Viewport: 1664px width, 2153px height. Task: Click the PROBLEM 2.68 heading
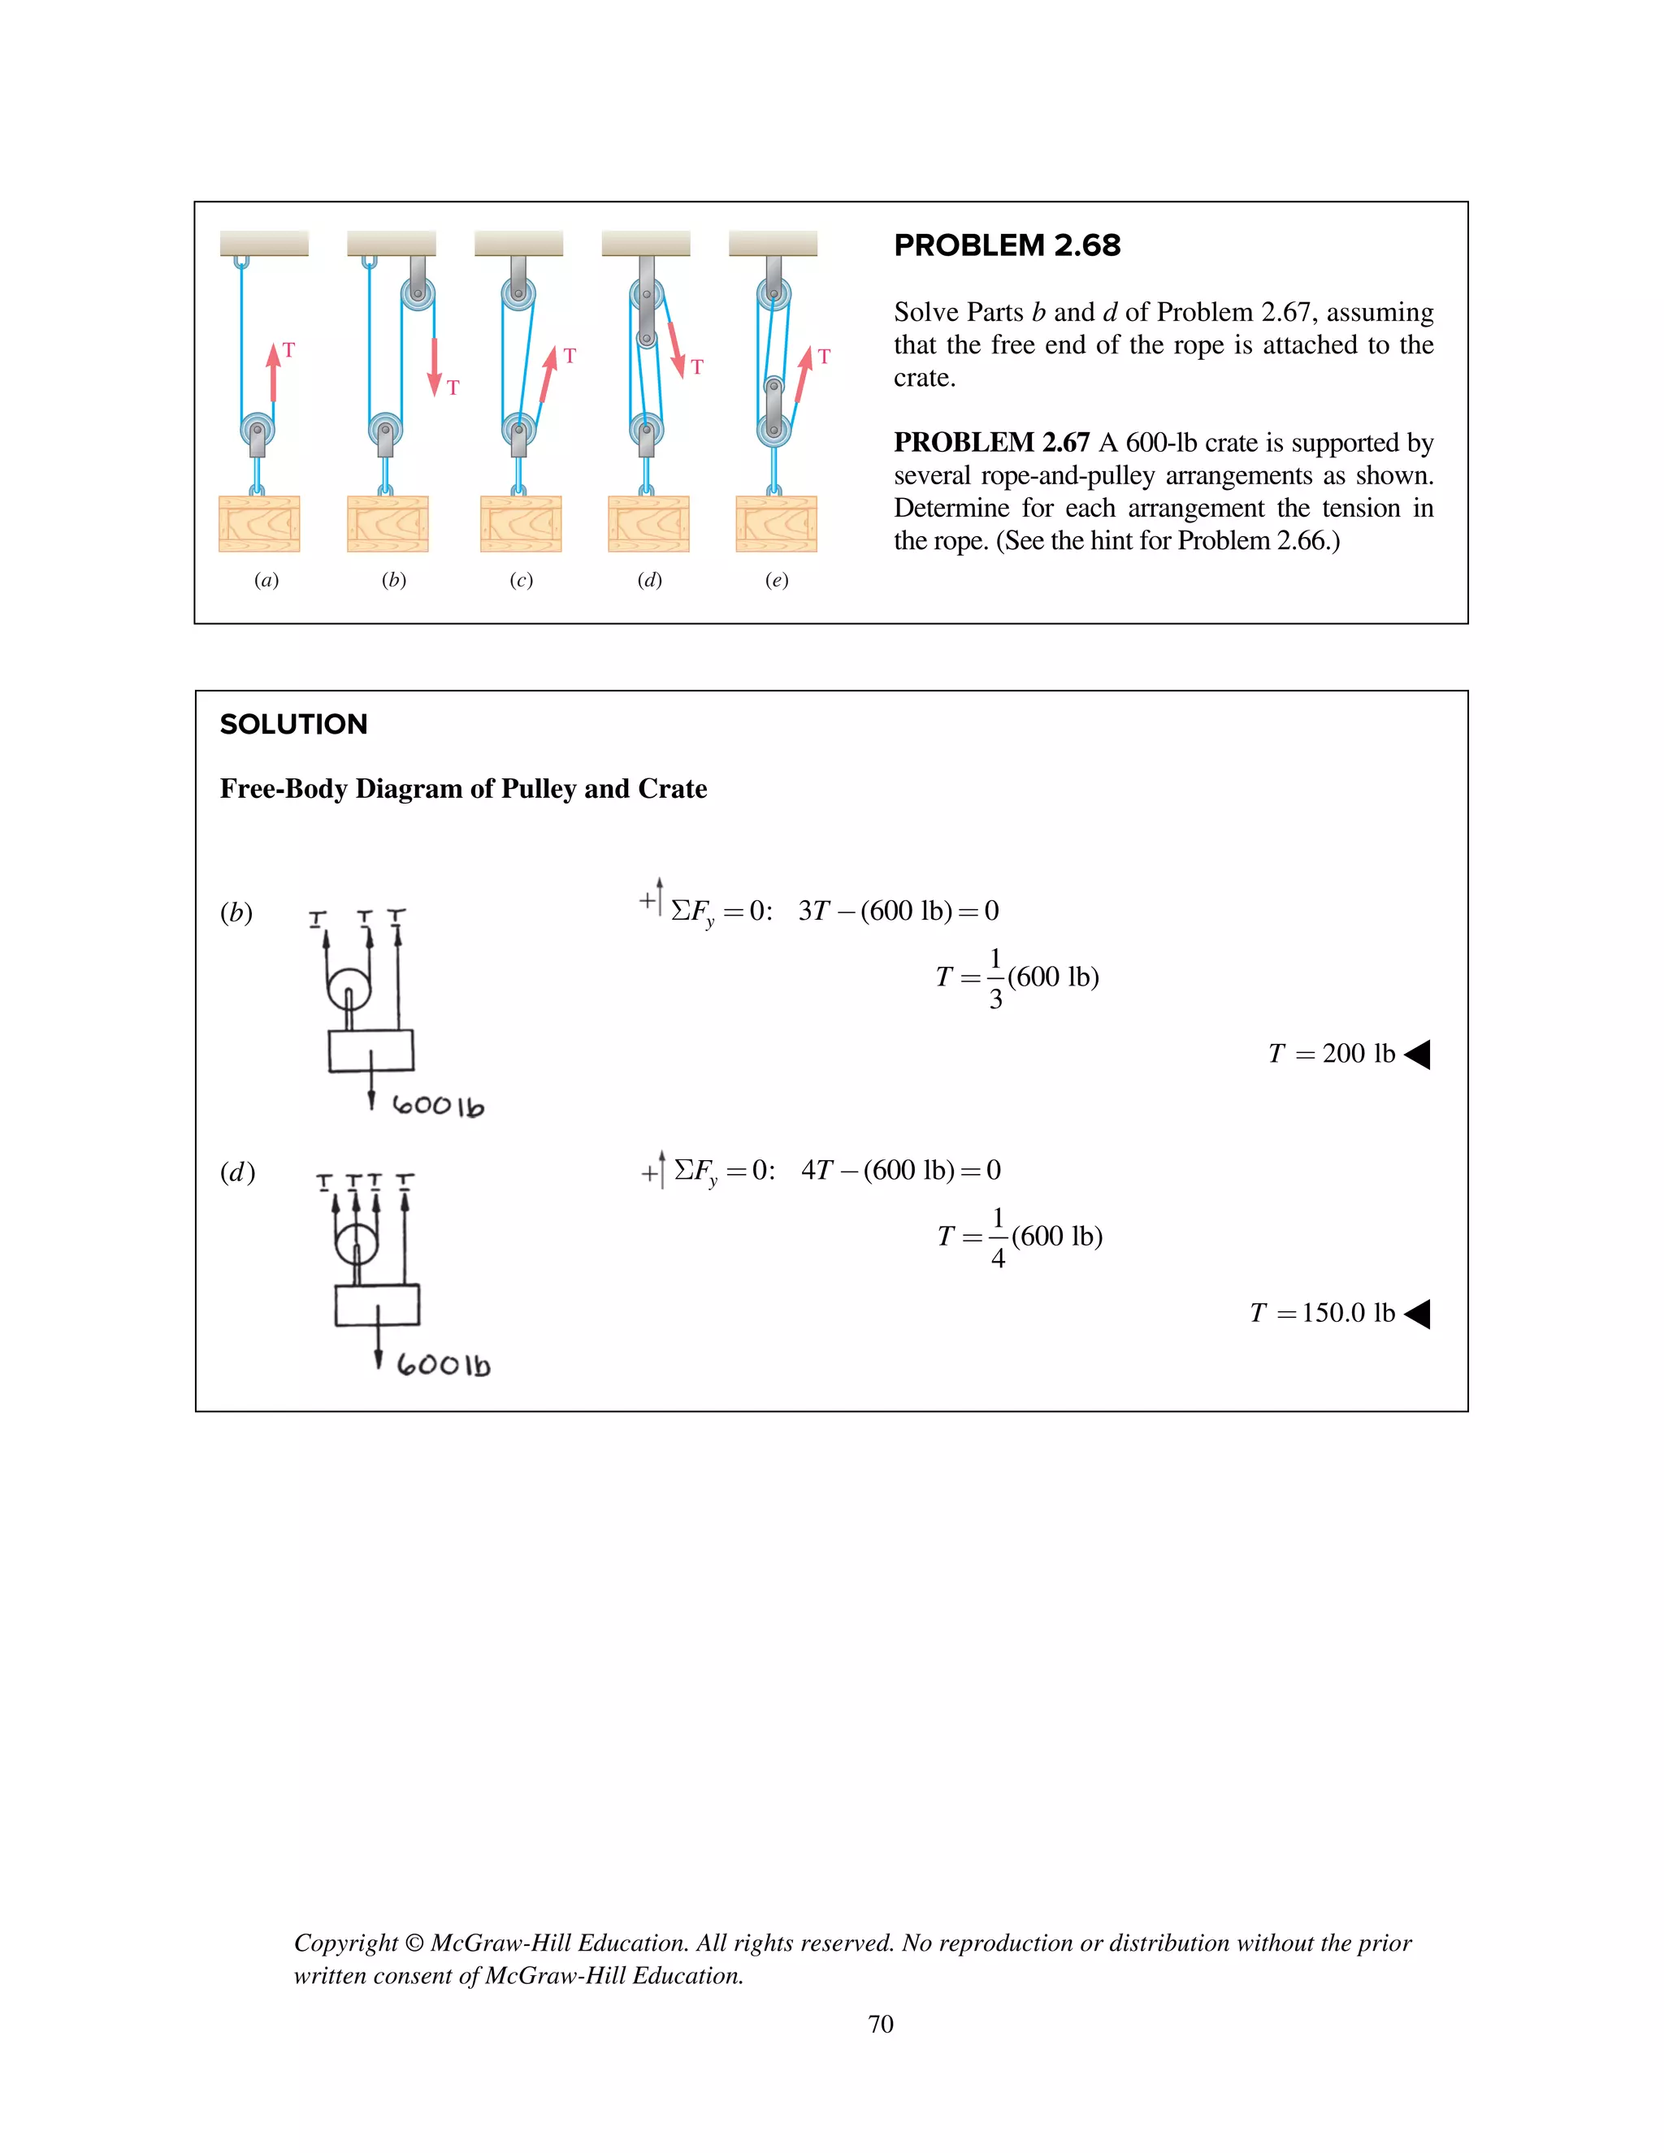pos(1007,245)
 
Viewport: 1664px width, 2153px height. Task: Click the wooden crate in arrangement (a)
pos(259,523)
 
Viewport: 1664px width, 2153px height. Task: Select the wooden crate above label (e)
pos(776,523)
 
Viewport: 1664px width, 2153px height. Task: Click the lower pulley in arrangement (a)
pos(258,430)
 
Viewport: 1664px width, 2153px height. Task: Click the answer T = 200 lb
pos(1331,1054)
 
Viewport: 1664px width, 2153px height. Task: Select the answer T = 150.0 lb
pos(1322,1313)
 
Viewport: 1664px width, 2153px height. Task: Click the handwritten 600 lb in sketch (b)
pos(438,1106)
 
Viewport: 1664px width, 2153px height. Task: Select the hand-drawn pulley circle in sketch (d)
pos(356,1244)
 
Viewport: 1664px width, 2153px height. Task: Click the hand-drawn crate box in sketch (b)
pos(370,1051)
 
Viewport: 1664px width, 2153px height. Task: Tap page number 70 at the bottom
pos(880,2024)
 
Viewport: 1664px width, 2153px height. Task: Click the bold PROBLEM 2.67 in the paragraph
pos(990,443)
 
